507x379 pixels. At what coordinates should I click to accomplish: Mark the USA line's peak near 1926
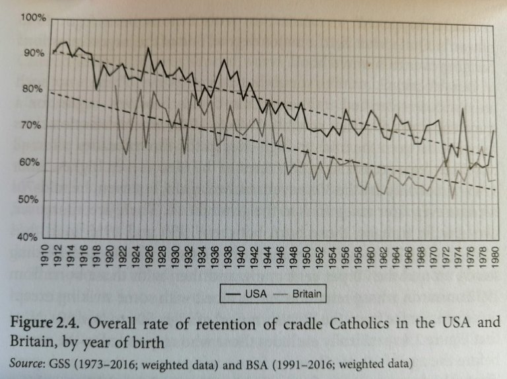[x=149, y=48]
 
